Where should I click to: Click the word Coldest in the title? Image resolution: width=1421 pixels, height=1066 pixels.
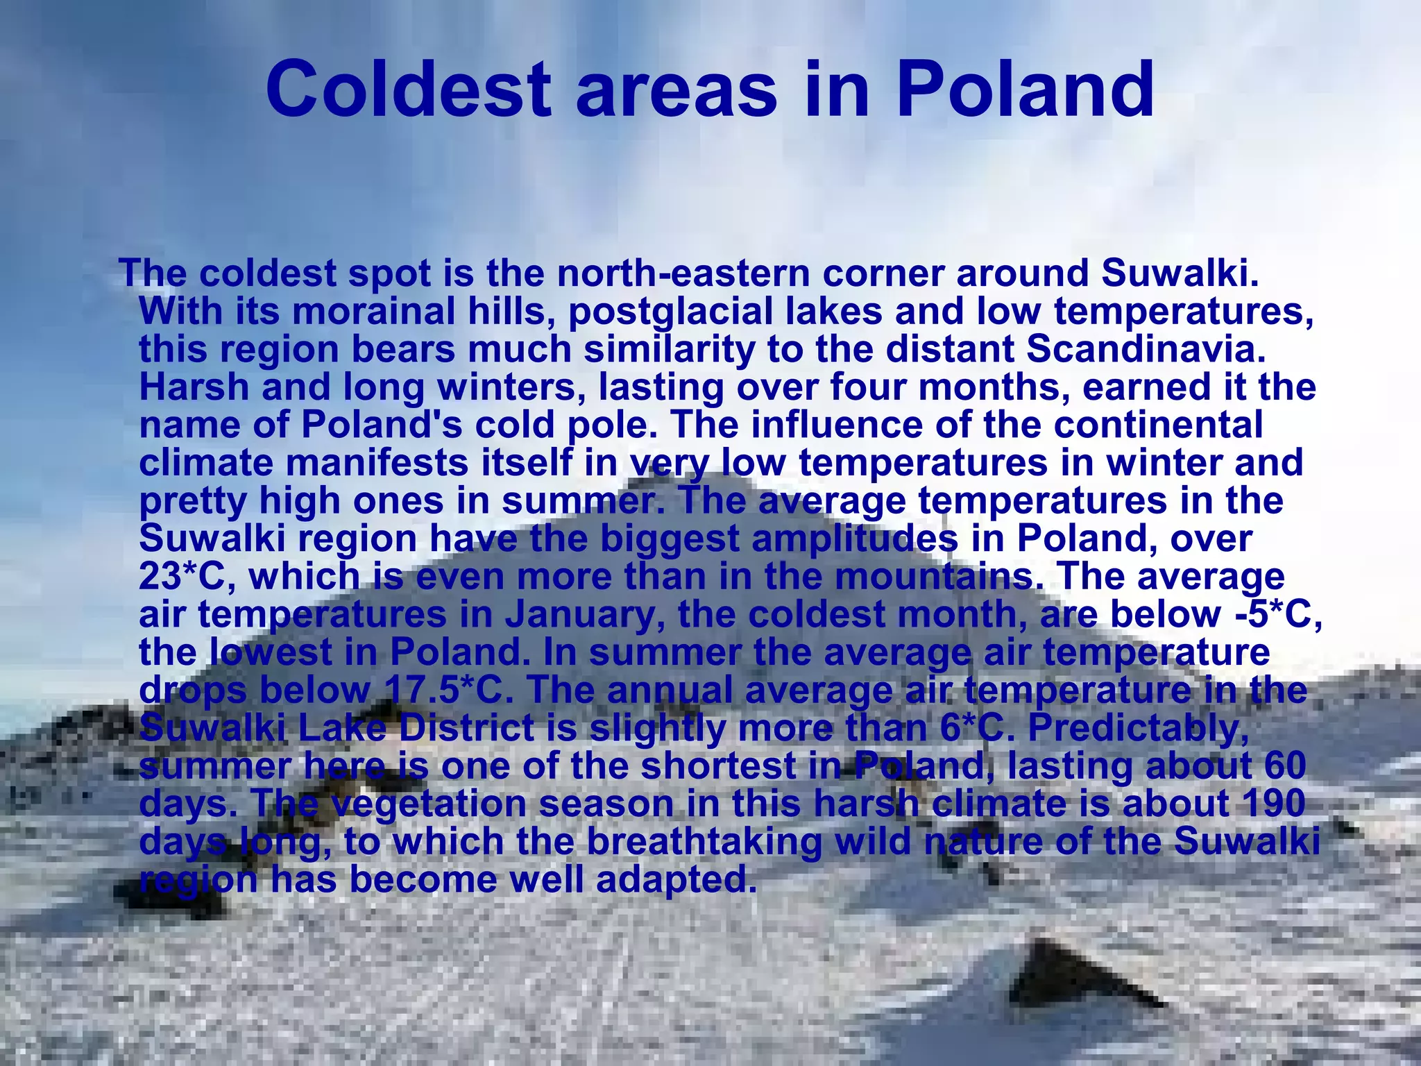tap(409, 90)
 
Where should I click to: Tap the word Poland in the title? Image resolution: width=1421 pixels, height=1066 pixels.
tap(1025, 90)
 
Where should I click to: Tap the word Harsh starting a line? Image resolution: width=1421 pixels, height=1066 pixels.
tap(194, 387)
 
